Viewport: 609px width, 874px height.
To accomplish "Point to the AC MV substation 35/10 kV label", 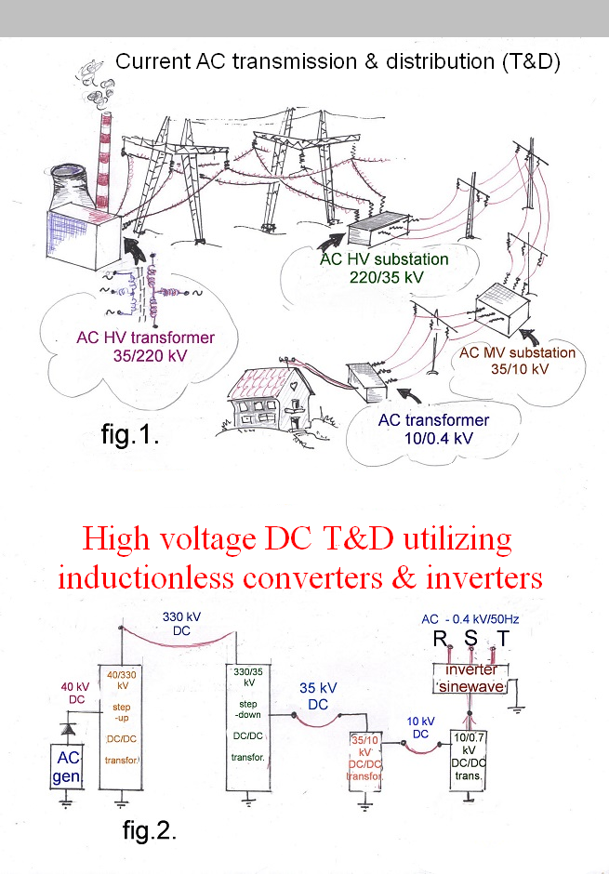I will coord(530,361).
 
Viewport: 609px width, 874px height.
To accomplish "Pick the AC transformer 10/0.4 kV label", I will coord(433,428).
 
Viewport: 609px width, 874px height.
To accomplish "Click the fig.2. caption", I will coord(149,828).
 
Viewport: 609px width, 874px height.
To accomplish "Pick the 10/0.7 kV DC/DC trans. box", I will coord(468,758).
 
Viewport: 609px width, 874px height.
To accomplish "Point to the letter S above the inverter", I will coord(471,641).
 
